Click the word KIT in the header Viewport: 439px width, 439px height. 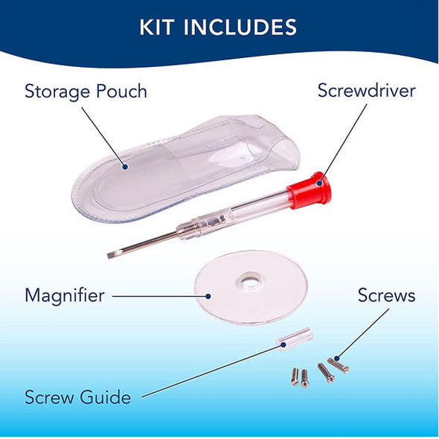pos(156,27)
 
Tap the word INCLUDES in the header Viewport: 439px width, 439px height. pos(240,27)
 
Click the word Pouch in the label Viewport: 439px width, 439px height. pos(121,91)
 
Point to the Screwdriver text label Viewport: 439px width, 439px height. pos(367,91)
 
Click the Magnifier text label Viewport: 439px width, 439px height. pos(65,295)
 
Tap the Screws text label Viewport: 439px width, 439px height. pos(386,295)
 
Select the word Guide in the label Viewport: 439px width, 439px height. pos(105,397)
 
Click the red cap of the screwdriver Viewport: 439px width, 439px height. pos(310,190)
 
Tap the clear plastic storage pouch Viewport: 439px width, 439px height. pos(185,168)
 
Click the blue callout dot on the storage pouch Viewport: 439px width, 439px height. pos(125,167)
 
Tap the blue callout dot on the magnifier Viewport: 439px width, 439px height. pos(208,296)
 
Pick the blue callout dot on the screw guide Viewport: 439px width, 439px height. pos(283,345)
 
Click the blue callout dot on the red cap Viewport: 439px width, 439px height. pos(320,183)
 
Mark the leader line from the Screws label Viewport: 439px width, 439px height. pos(363,334)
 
